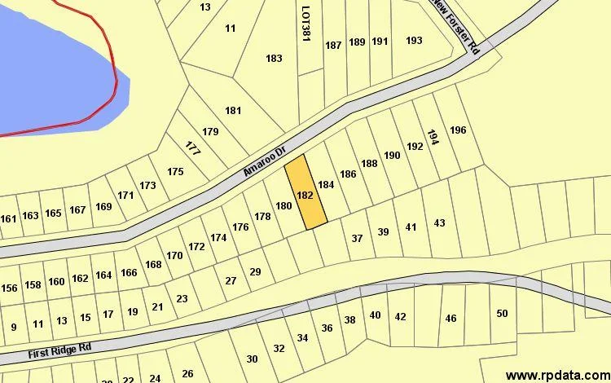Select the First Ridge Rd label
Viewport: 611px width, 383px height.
pyautogui.click(x=59, y=350)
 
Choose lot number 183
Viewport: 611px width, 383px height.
pyautogui.click(x=274, y=59)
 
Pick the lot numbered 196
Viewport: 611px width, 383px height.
pyautogui.click(x=458, y=130)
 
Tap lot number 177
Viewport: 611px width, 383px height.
pyautogui.click(x=192, y=149)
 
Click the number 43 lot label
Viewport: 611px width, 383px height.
pyautogui.click(x=439, y=222)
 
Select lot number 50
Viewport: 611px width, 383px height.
pyautogui.click(x=502, y=314)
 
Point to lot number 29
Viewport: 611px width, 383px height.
pyautogui.click(x=255, y=271)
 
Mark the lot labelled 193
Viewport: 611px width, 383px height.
pyautogui.click(x=414, y=41)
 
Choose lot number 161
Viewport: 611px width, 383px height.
pyautogui.click(x=8, y=218)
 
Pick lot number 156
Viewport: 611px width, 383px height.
pyautogui.click(x=9, y=288)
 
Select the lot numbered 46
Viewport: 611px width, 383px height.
pyautogui.click(x=451, y=318)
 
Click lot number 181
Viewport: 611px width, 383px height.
pyautogui.click(x=234, y=111)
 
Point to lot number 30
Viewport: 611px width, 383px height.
pyautogui.click(x=252, y=359)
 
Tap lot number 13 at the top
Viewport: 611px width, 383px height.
pyautogui.click(x=204, y=7)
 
